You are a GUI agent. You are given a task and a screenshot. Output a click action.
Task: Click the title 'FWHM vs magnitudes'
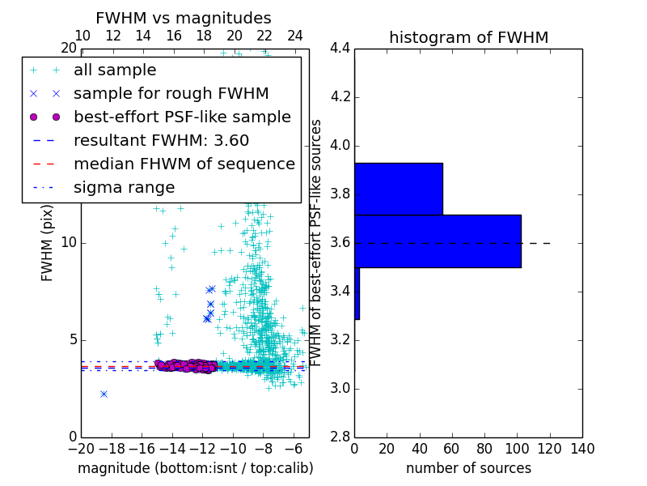coord(184,18)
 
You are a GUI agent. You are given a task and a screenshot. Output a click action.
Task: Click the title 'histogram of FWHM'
coord(468,37)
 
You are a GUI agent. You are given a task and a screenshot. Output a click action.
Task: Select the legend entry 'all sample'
coord(115,70)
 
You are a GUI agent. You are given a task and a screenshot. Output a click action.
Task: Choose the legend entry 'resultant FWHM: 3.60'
coord(161,141)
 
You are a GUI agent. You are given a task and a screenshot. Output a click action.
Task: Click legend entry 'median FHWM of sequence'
coord(184,164)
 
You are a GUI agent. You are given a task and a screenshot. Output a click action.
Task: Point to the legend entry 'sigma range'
coord(124,188)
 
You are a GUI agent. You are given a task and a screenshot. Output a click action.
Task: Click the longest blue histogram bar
coord(438,241)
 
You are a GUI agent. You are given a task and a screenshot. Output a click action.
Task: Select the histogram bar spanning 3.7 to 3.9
coord(399,189)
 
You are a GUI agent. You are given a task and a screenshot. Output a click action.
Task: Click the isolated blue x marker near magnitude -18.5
coord(104,394)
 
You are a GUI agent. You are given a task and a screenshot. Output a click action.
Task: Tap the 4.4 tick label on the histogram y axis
coord(340,49)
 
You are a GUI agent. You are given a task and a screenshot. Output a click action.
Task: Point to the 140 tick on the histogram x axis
coord(582,449)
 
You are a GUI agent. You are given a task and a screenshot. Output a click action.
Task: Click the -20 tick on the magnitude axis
coord(81,449)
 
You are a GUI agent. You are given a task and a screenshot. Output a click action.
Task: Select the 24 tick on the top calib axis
coord(295,36)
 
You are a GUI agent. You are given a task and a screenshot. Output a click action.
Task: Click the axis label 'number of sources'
coord(468,468)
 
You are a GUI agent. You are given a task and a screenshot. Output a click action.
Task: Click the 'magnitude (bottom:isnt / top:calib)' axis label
coord(195,468)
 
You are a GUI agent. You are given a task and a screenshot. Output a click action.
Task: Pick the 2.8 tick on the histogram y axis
coord(340,437)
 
